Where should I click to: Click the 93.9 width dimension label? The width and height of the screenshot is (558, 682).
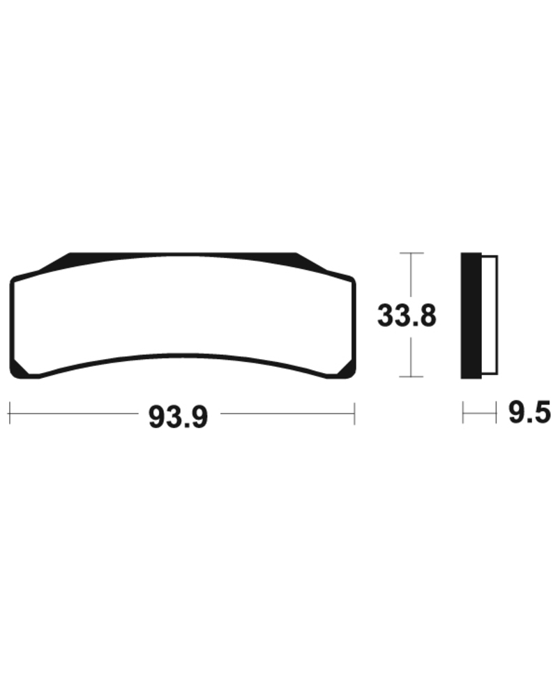pos(178,416)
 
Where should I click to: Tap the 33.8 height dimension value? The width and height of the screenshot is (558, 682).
pos(407,315)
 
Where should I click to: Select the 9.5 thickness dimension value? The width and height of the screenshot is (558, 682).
pos(529,413)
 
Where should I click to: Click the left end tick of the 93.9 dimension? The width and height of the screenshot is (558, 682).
pos(9,413)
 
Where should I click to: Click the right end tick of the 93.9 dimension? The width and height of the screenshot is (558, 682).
pos(355,413)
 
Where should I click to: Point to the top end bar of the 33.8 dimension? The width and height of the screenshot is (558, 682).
pos(412,252)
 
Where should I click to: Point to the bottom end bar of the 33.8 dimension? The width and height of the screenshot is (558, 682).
pos(412,377)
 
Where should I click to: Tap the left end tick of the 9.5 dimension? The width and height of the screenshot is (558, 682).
pos(462,413)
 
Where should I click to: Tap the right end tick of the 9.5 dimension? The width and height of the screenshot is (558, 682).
pos(496,413)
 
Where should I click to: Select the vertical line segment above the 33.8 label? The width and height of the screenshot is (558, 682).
pos(412,275)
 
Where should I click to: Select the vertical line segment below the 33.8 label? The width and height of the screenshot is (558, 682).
pos(412,356)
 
